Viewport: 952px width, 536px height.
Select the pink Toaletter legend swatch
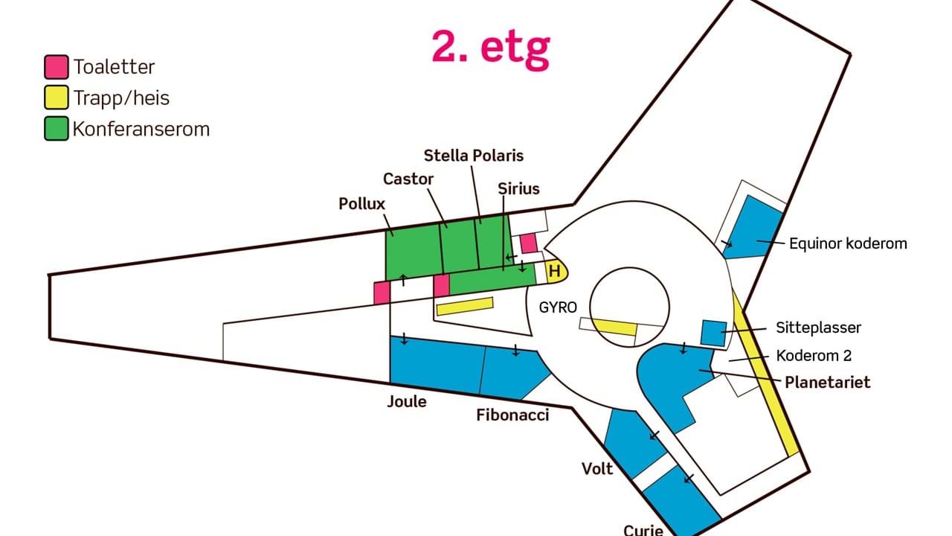(56, 67)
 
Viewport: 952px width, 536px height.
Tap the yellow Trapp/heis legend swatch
(56, 98)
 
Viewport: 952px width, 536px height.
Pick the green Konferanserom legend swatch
(56, 129)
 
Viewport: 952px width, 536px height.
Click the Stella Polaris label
(474, 156)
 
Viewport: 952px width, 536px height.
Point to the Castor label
(408, 179)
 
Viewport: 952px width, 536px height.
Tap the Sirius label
(518, 188)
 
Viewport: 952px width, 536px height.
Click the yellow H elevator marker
(555, 271)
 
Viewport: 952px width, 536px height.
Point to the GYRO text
(559, 307)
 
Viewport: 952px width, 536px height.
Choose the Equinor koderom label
(848, 243)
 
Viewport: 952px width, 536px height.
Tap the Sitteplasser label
(818, 327)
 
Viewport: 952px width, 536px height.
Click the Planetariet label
(827, 382)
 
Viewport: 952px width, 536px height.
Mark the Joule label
(407, 401)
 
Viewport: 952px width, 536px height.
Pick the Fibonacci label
(512, 415)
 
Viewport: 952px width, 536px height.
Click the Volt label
(597, 468)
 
